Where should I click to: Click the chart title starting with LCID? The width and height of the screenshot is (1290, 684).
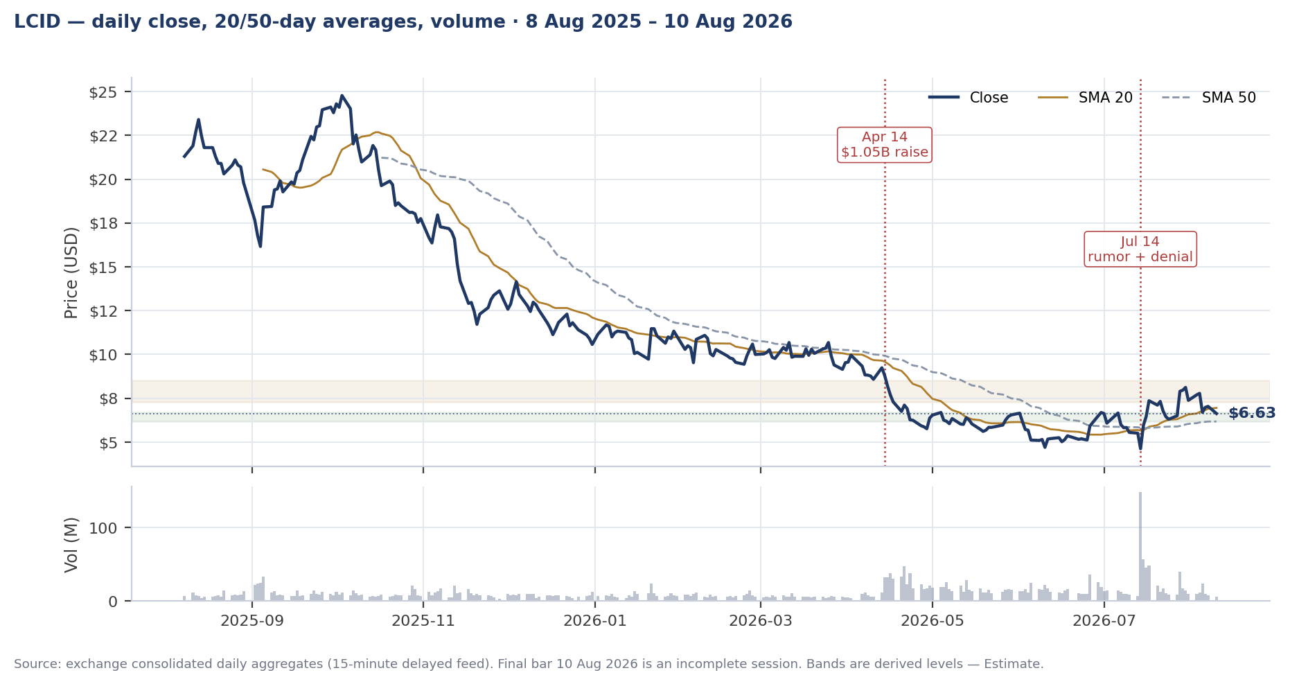403,22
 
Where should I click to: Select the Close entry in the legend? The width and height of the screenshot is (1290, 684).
969,98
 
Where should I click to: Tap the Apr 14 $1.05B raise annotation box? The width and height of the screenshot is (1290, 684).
885,145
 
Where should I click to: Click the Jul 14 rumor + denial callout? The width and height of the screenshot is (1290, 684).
1140,249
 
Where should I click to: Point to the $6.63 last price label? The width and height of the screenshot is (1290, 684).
1252,414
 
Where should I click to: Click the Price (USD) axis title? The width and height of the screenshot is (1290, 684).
71,272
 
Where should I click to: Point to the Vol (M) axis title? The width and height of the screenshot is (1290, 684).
71,545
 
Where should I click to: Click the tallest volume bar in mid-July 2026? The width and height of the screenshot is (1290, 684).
1140,546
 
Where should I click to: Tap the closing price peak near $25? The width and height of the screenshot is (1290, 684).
342,96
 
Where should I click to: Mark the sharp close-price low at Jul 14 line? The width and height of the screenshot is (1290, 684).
1140,448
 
